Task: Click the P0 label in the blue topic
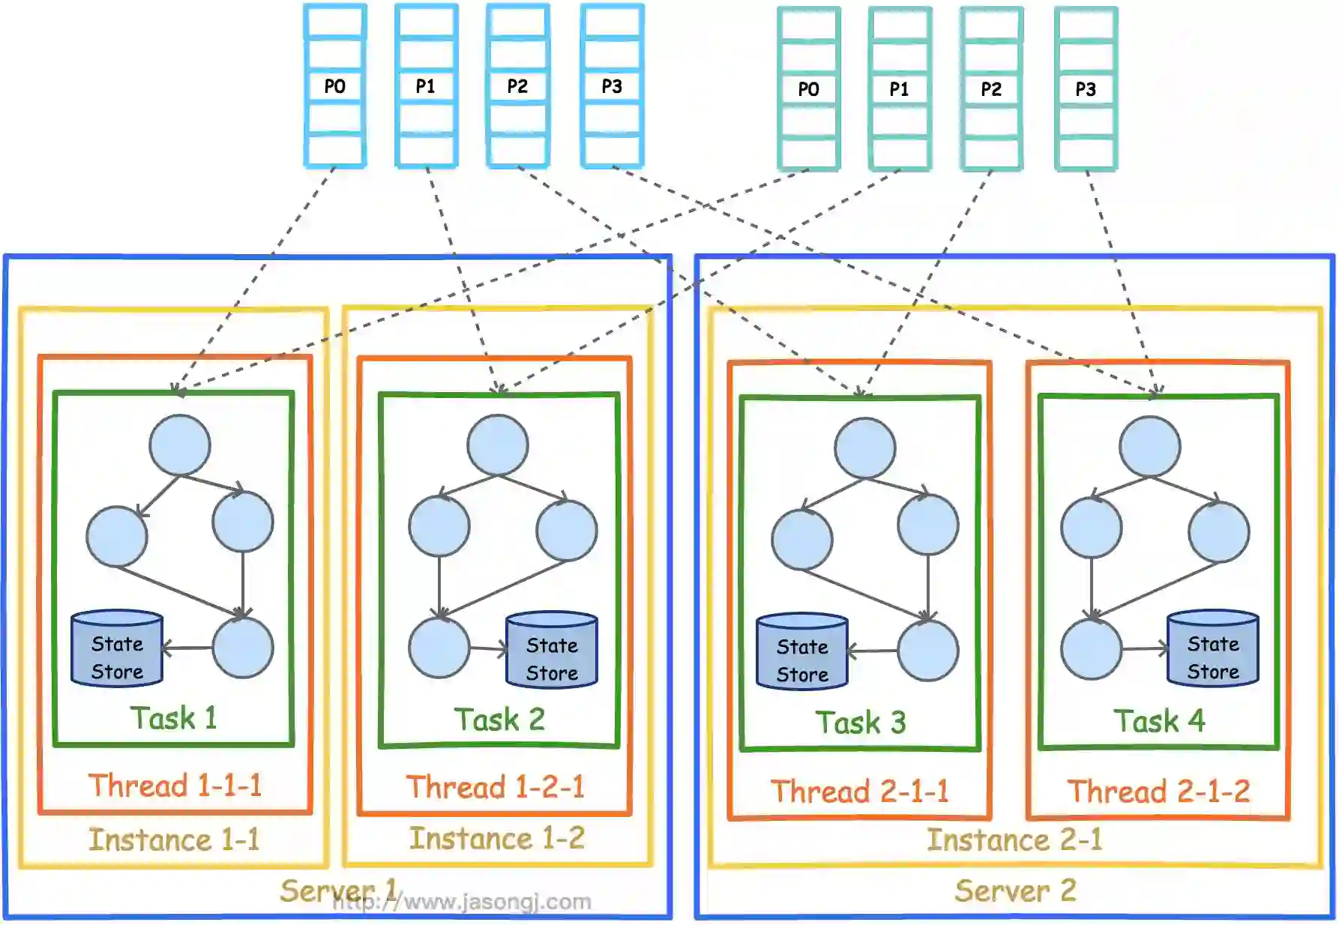point(334,86)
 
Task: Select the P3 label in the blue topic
point(612,86)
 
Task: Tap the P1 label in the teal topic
point(899,89)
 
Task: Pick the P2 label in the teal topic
point(991,89)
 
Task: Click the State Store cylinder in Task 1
point(117,649)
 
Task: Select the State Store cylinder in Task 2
point(552,651)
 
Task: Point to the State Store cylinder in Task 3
point(802,652)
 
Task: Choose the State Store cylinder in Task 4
point(1212,649)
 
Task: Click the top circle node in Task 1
point(179,445)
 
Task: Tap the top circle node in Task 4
point(1149,447)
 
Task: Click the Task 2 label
point(499,720)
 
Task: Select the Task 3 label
point(861,723)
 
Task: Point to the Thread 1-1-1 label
point(175,786)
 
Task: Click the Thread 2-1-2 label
point(1158,792)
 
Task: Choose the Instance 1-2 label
point(496,839)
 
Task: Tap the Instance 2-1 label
point(1014,840)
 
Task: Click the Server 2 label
point(1015,891)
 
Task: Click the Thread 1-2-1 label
point(495,787)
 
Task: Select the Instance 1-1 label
point(174,840)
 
